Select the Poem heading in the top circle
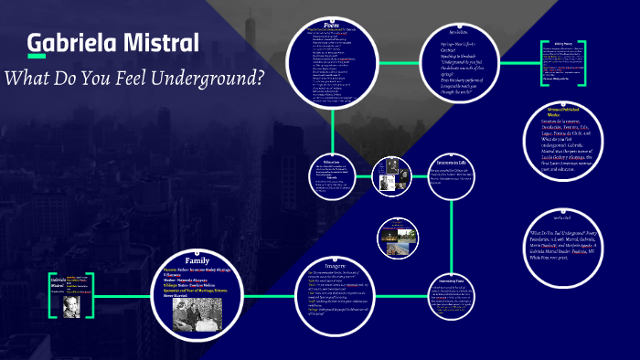333,24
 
